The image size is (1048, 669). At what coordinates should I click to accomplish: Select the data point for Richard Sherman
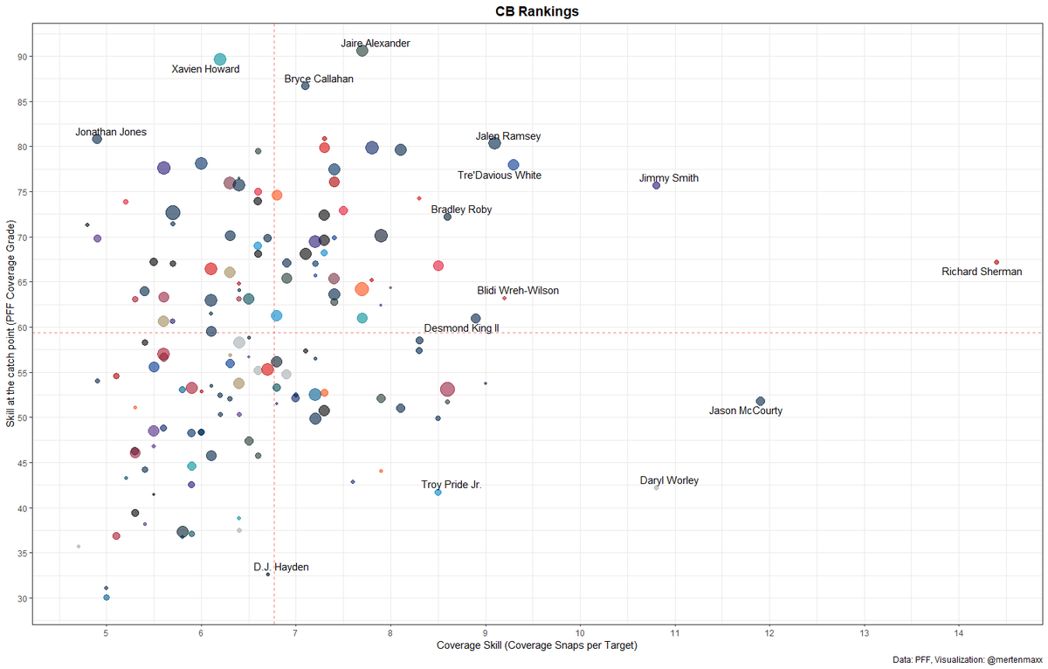click(x=996, y=262)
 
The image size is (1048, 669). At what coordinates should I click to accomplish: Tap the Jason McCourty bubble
click(x=760, y=401)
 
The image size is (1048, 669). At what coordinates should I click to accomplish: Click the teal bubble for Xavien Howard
click(x=220, y=59)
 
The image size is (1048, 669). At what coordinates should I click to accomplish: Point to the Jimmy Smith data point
click(x=657, y=185)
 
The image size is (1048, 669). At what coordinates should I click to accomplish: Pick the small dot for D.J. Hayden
click(x=268, y=574)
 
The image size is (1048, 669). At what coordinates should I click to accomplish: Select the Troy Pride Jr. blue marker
click(x=438, y=493)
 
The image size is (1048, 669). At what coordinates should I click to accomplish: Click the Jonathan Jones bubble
click(x=97, y=139)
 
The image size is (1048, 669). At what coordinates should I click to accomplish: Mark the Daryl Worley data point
click(x=657, y=487)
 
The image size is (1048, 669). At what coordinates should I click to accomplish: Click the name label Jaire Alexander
click(x=375, y=43)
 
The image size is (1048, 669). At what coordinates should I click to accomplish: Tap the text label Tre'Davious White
click(x=499, y=176)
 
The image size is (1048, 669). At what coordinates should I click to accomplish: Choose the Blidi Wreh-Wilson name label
click(x=517, y=291)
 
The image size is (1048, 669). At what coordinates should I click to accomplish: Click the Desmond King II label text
click(x=461, y=328)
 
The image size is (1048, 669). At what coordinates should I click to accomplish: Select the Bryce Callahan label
click(x=319, y=79)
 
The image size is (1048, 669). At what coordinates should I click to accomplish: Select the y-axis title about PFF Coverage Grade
click(x=10, y=325)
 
